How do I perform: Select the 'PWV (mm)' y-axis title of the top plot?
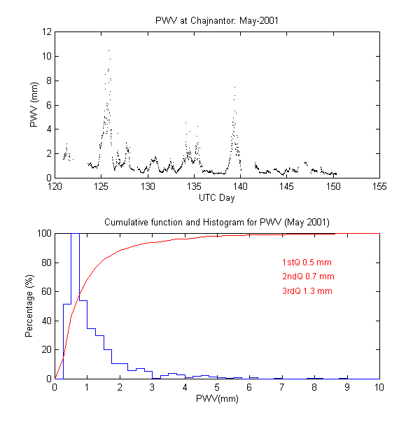point(34,105)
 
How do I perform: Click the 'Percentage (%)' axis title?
point(29,306)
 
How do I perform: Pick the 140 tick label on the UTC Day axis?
point(240,187)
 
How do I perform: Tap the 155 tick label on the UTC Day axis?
point(379,187)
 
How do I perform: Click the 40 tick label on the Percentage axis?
point(45,321)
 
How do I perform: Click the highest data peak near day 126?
point(108,50)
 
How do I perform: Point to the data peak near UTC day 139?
point(234,87)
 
